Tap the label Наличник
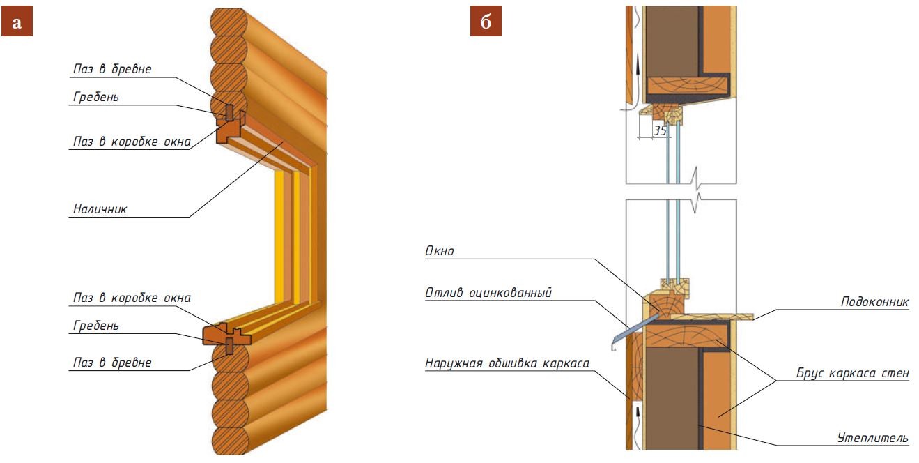click(x=99, y=208)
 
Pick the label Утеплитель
click(x=872, y=437)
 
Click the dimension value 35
click(x=658, y=130)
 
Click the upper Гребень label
click(x=95, y=97)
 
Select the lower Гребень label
click(x=95, y=325)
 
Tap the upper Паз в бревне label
click(x=112, y=69)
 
